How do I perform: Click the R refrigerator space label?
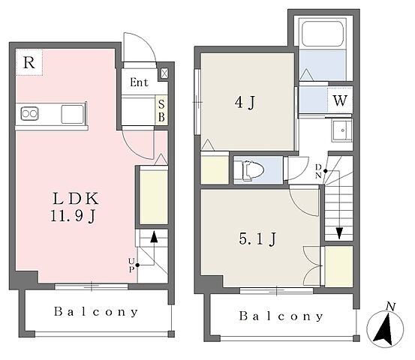click(29, 63)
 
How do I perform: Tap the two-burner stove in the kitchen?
click(30, 114)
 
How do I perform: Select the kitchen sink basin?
click(72, 114)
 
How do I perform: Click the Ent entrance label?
click(139, 82)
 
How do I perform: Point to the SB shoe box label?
click(161, 111)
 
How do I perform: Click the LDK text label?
click(76, 199)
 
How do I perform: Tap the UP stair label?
click(131, 265)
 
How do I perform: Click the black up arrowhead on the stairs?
click(154, 237)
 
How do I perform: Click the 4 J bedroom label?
click(245, 102)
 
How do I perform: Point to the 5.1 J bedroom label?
click(257, 238)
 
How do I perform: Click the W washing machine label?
click(340, 100)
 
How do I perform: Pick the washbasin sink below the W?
click(342, 131)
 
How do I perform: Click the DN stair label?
click(318, 171)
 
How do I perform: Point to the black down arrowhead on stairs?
click(339, 233)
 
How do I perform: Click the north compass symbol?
click(385, 328)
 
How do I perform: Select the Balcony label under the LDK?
click(96, 312)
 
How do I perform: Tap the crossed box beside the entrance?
click(164, 73)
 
